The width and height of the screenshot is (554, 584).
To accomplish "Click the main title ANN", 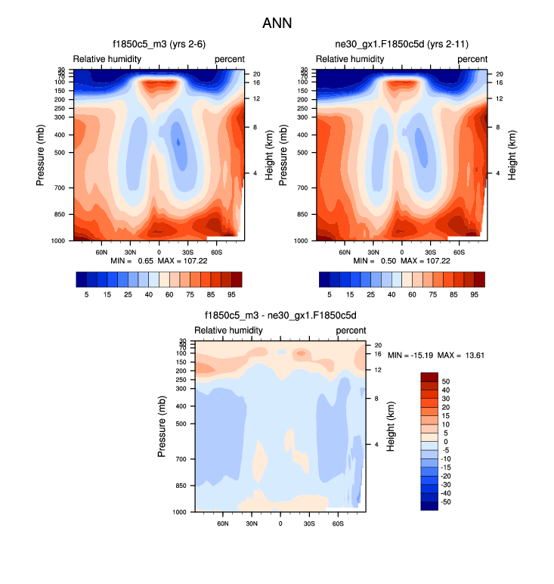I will (277, 23).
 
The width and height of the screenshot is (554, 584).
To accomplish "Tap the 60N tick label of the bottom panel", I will (223, 523).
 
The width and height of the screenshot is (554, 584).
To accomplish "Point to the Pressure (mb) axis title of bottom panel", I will (162, 426).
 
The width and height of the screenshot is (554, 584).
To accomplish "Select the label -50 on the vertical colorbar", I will (447, 502).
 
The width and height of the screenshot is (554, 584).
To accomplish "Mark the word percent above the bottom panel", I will (351, 331).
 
